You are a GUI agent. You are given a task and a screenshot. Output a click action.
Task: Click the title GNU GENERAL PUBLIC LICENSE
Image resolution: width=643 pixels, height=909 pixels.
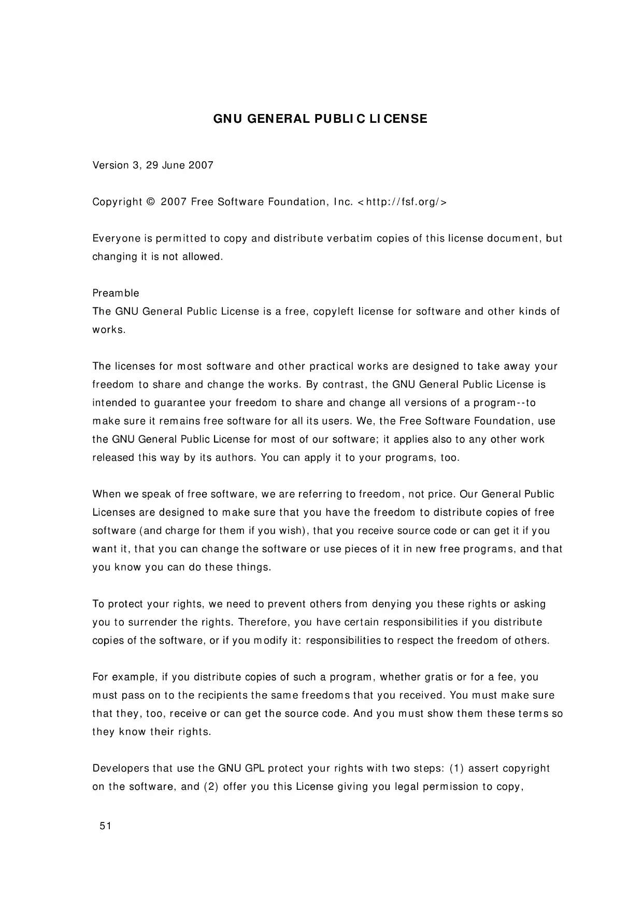(x=321, y=119)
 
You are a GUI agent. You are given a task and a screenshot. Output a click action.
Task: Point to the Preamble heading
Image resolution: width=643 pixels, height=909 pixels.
(x=116, y=293)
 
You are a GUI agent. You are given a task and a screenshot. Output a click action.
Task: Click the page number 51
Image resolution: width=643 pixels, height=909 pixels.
(x=105, y=826)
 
